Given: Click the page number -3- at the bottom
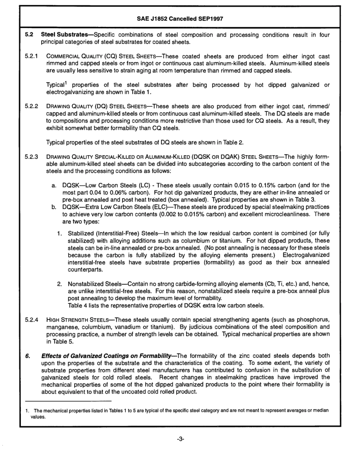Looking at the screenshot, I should pyautogui.click(x=180, y=440).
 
